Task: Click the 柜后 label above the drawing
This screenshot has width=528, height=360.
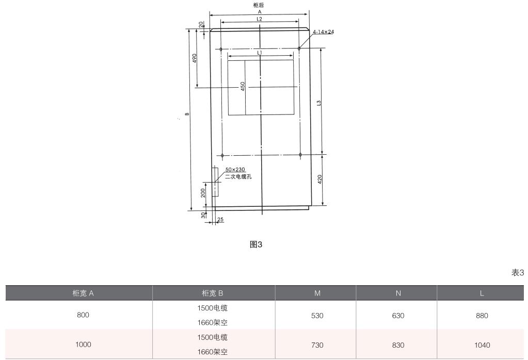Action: (259, 5)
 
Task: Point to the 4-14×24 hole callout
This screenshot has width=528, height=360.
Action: (323, 32)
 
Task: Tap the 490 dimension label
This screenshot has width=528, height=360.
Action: (194, 58)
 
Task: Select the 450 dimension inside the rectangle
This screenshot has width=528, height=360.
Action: (243, 86)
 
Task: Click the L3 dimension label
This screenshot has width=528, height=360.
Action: (319, 103)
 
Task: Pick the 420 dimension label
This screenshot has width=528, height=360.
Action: (319, 179)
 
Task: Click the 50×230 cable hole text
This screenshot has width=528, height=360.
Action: (235, 170)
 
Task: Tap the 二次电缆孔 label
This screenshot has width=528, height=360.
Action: (238, 176)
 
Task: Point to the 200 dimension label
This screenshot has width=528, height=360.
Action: (203, 193)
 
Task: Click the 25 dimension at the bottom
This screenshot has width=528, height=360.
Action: (220, 219)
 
